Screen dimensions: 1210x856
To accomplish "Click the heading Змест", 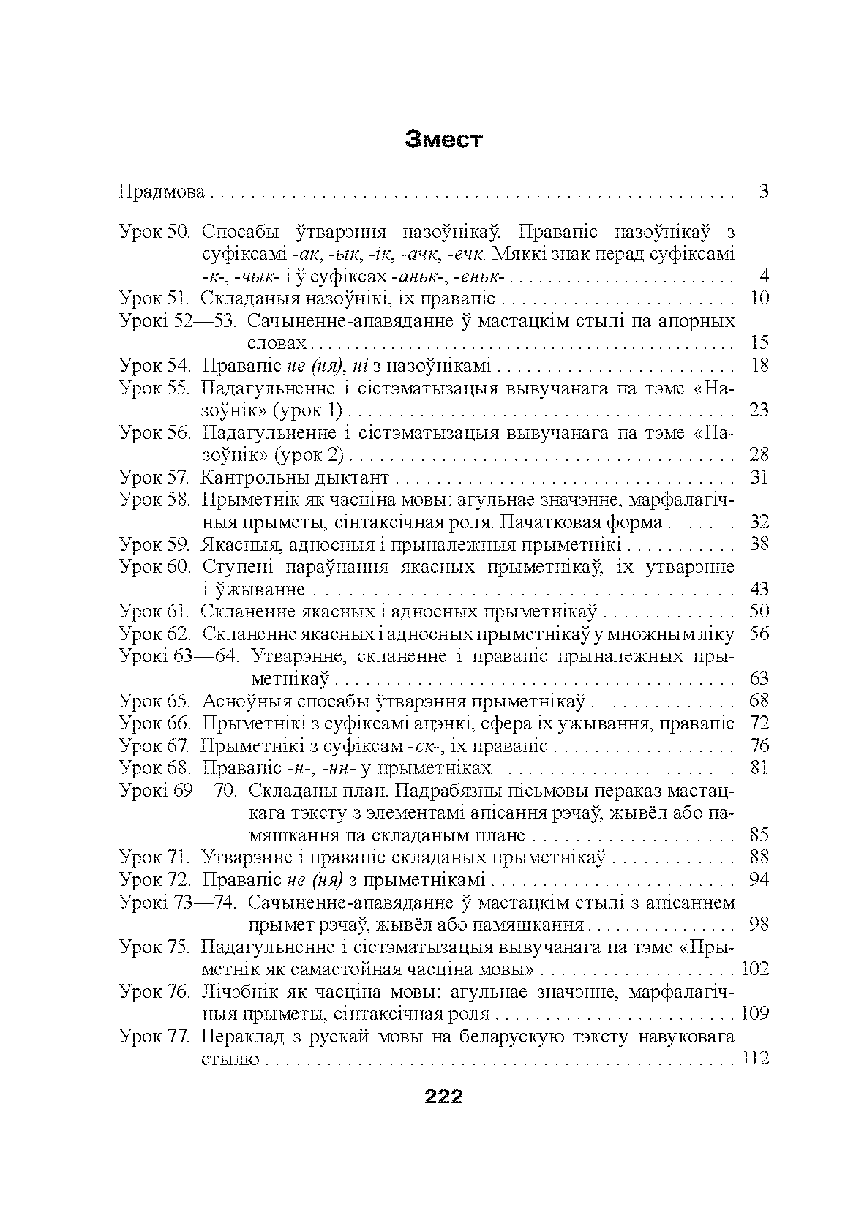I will pos(444,139).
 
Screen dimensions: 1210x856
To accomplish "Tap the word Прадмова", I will pos(162,193).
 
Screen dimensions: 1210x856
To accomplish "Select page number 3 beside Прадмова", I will pos(763,193).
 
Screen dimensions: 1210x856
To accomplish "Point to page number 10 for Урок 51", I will pos(760,298).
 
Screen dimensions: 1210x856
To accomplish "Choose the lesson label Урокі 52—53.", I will pos(177,321).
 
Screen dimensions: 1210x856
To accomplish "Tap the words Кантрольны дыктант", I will pos(295,478).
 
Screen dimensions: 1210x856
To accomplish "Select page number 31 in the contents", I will pos(760,478).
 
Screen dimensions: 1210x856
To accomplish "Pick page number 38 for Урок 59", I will pos(760,545).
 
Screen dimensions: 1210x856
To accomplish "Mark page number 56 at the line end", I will pos(760,634).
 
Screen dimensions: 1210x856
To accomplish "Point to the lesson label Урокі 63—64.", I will pos(177,656).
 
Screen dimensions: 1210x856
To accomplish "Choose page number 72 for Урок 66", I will pos(760,724).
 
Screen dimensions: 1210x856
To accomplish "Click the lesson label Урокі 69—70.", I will pos(177,791).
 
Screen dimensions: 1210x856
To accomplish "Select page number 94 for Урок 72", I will pos(760,879).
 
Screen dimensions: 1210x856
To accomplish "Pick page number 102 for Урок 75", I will pos(756,969).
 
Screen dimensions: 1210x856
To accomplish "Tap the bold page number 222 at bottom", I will pos(443,1097).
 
